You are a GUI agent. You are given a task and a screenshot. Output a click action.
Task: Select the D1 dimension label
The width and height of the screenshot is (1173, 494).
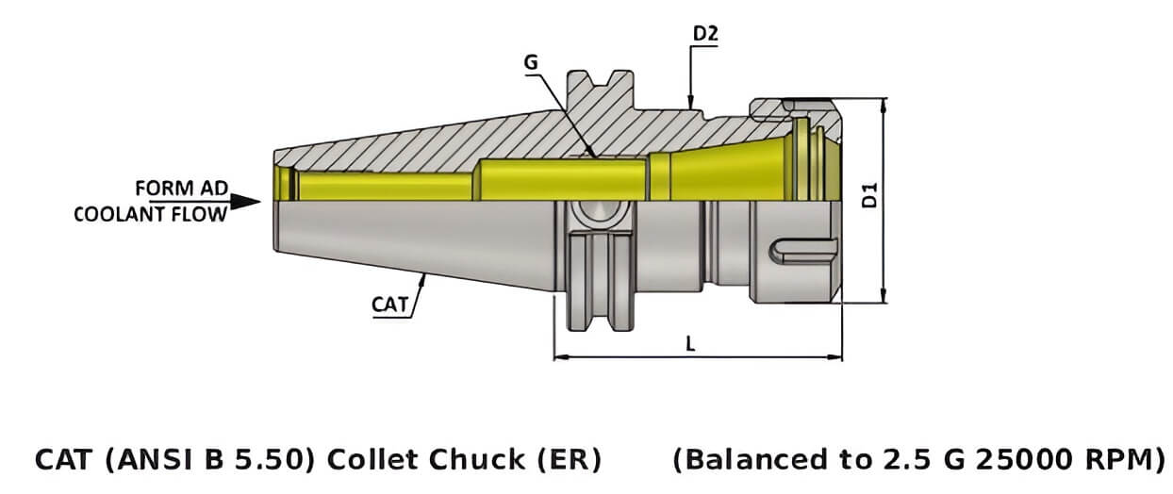click(x=871, y=195)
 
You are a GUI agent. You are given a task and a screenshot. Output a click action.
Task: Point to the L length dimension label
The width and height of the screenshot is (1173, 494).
click(x=690, y=344)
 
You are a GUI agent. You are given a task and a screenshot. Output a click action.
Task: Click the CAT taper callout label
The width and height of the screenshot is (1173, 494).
click(x=388, y=304)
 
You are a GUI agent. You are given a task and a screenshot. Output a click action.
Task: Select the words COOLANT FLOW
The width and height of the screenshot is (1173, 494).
click(x=151, y=214)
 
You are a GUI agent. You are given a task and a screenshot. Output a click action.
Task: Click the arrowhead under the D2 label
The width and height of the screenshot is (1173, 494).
click(x=691, y=101)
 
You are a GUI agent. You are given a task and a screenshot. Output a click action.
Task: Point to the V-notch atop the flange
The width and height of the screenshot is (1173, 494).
click(x=598, y=77)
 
